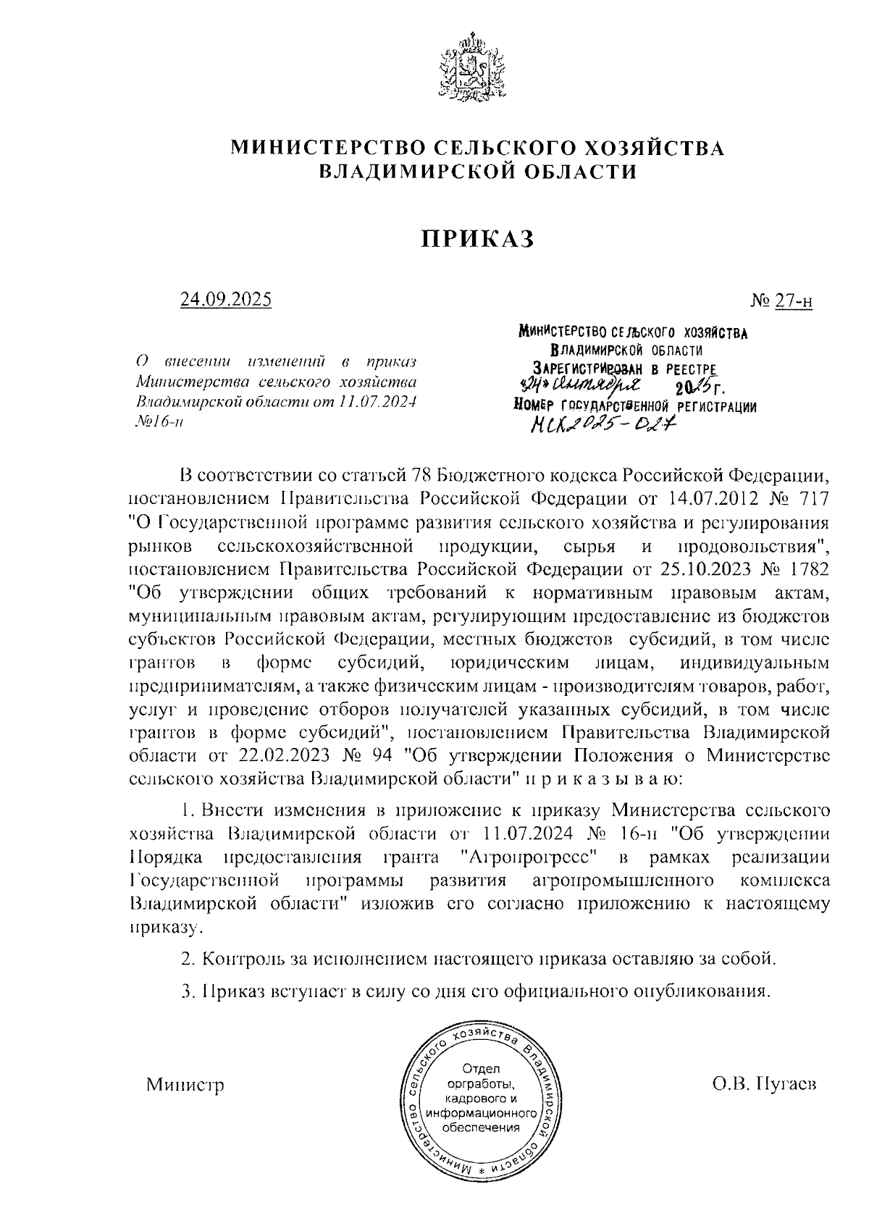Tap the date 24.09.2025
[x=227, y=299]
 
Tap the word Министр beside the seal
[x=185, y=1085]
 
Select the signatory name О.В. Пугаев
[x=764, y=1085]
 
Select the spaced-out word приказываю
[x=603, y=779]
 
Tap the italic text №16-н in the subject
[x=159, y=423]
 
